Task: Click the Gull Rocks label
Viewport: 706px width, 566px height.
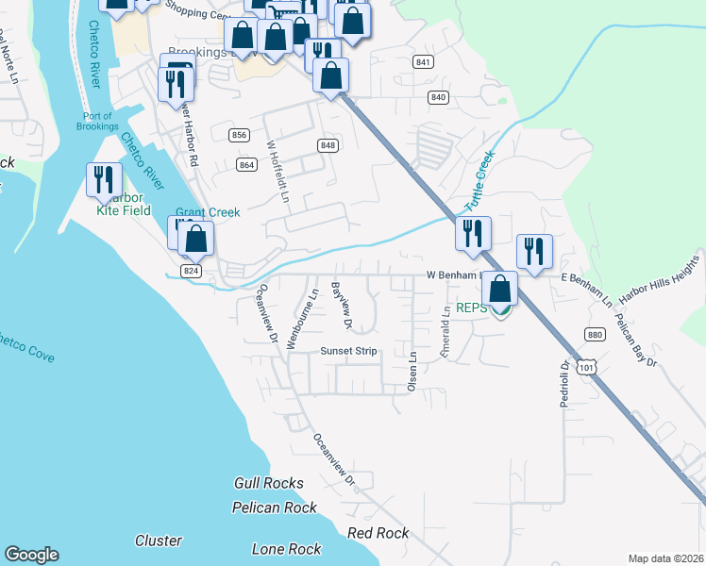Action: tap(269, 483)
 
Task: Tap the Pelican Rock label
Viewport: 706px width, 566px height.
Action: tap(275, 508)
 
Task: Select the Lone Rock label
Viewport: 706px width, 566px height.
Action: tap(287, 549)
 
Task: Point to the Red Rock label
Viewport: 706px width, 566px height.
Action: tap(378, 533)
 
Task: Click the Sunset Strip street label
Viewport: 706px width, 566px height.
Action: tap(348, 351)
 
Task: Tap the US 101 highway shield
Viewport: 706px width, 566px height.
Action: tap(588, 366)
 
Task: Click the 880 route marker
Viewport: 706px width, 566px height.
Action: tap(594, 334)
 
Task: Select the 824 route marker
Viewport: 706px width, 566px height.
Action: tap(192, 271)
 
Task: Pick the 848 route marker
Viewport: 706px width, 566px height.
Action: tap(328, 145)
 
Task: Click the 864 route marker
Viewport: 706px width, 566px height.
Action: tap(247, 165)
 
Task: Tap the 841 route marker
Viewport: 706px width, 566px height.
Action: tap(423, 62)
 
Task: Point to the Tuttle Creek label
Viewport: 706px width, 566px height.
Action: tap(479, 185)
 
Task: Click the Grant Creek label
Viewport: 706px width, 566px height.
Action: tap(208, 213)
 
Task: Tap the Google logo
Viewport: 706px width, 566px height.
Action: tap(31, 555)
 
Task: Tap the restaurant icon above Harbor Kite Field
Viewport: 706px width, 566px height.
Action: tap(104, 179)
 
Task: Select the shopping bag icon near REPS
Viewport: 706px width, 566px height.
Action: tap(502, 289)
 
